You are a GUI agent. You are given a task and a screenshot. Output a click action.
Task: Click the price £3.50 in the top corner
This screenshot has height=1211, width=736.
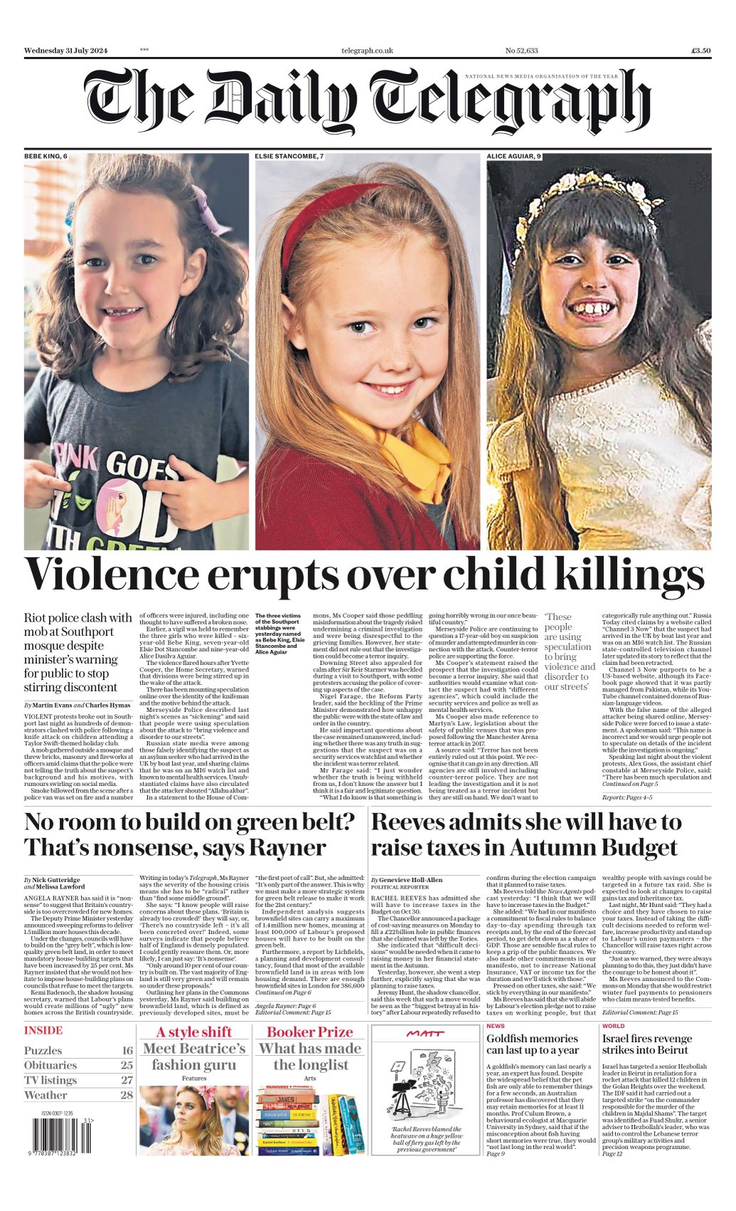tap(700, 51)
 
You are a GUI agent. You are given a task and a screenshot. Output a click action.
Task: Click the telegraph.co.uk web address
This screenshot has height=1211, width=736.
tap(367, 51)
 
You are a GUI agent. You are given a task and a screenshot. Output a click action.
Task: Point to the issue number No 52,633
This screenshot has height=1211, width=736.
tap(521, 51)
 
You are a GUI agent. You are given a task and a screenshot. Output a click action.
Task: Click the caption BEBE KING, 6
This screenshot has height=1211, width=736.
tap(46, 156)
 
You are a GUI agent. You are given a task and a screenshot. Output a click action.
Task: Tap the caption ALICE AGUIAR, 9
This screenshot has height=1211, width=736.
tap(514, 156)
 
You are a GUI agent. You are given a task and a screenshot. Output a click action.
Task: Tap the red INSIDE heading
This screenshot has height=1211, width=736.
tap(43, 1030)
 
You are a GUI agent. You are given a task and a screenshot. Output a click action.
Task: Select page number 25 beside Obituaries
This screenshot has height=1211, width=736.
tap(127, 1065)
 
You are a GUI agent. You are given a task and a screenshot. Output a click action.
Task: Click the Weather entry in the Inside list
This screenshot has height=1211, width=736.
tap(46, 1095)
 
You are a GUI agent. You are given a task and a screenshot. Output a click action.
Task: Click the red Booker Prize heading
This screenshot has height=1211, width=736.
tap(310, 1032)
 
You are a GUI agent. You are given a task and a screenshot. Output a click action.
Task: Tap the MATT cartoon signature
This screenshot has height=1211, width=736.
tap(425, 1033)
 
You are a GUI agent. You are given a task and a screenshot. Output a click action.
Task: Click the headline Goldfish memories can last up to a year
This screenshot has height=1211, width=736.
tap(532, 1044)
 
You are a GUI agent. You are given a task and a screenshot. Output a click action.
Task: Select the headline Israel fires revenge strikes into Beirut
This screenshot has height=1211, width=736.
tap(647, 1044)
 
